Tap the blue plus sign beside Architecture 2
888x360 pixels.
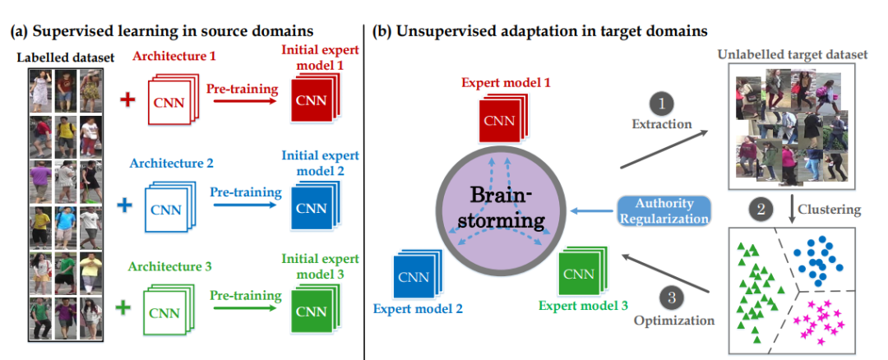tap(127, 205)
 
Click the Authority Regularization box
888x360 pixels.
tap(664, 211)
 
